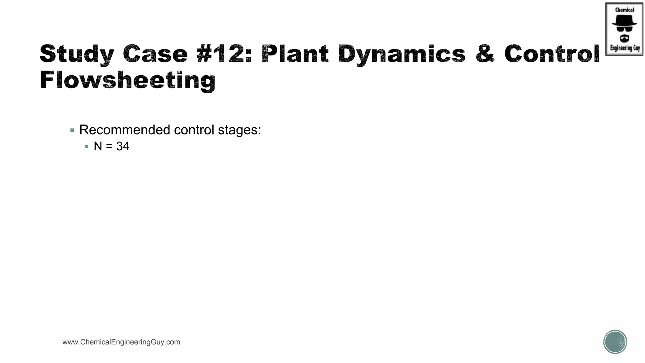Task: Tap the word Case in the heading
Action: [156, 54]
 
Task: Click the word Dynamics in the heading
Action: [402, 54]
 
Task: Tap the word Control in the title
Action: [552, 54]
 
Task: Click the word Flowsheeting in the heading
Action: [128, 81]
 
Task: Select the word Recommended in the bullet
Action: [125, 130]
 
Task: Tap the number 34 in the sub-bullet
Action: [123, 147]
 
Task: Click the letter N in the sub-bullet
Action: [98, 147]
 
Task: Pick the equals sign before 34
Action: [109, 147]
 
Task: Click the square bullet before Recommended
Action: [72, 130]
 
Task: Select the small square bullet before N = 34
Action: [87, 147]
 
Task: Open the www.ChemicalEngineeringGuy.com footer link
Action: [121, 342]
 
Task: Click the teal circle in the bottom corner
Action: [615, 342]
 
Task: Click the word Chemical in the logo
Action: [625, 10]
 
